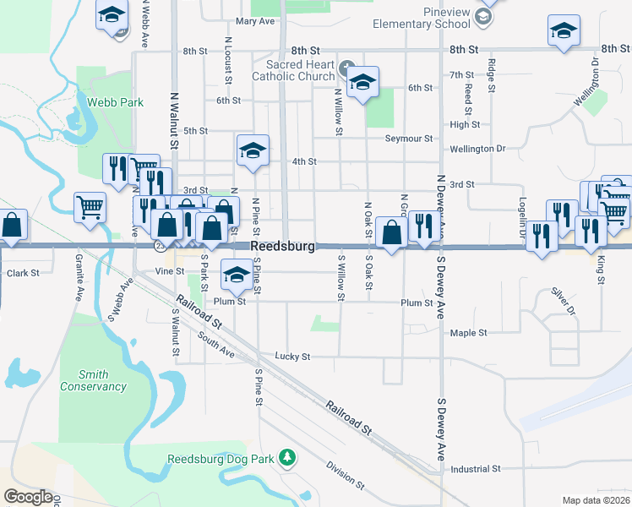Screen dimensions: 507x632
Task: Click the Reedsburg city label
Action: point(283,246)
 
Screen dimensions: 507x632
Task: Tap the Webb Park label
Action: point(115,103)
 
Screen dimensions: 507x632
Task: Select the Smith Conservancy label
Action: point(93,381)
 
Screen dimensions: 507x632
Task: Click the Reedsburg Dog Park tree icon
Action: point(288,456)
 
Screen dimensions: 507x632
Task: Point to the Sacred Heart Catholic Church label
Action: point(300,71)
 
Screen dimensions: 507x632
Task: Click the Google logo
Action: point(29,497)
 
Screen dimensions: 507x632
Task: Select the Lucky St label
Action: point(294,356)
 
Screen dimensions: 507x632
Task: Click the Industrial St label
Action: point(476,468)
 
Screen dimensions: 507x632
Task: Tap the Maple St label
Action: point(469,333)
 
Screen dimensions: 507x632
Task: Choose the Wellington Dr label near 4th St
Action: point(477,149)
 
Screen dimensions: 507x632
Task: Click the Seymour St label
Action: point(408,139)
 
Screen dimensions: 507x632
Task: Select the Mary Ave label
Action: point(256,21)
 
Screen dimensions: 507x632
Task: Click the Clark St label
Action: point(23,273)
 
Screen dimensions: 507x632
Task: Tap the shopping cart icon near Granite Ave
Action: point(90,205)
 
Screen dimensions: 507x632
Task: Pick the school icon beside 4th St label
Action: point(253,149)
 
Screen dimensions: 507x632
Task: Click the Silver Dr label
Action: point(563,302)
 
